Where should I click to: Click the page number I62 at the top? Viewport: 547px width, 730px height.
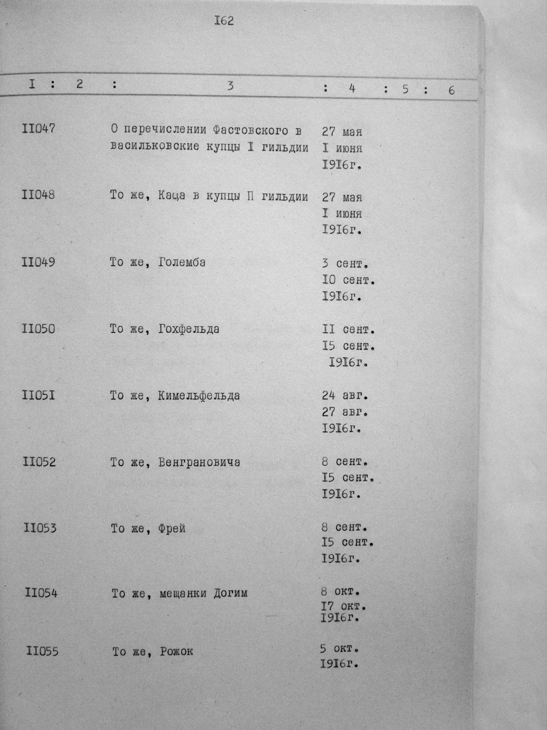pyautogui.click(x=224, y=21)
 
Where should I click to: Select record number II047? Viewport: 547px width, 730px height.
pyautogui.click(x=38, y=129)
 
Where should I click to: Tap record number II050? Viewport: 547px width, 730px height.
pyautogui.click(x=38, y=329)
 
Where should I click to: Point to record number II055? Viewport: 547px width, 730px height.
pyautogui.click(x=42, y=651)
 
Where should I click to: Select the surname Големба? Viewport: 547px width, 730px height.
pyautogui.click(x=182, y=263)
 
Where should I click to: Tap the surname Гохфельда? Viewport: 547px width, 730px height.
pyautogui.click(x=189, y=329)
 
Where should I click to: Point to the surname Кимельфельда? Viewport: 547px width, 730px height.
pyautogui.click(x=199, y=396)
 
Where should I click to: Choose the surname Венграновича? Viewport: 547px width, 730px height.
pyautogui.click(x=199, y=462)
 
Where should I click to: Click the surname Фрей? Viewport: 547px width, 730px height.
pyautogui.click(x=172, y=529)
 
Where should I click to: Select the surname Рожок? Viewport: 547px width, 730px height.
pyautogui.click(x=176, y=651)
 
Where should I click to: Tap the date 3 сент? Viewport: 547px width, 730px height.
pyautogui.click(x=345, y=264)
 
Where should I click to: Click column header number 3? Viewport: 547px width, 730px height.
pyautogui.click(x=230, y=86)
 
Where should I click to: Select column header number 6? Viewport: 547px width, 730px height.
pyautogui.click(x=451, y=90)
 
